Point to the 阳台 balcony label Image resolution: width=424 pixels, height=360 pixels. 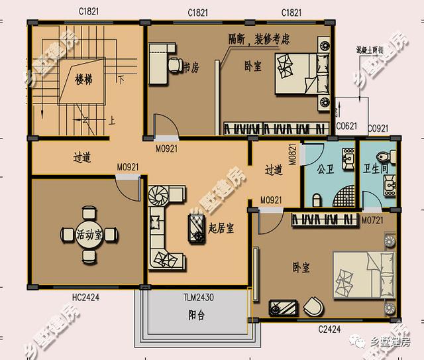pyautogui.click(x=196, y=316)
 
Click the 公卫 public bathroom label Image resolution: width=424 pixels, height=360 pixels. pyautogui.click(x=325, y=169)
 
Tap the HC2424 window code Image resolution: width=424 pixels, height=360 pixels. pyautogui.click(x=85, y=298)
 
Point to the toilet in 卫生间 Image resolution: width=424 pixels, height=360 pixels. pyautogui.click(x=382, y=154)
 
